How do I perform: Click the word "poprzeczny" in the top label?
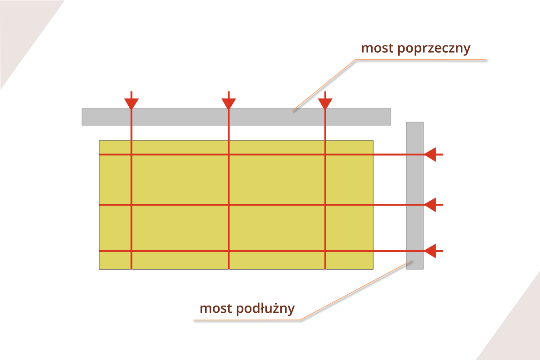coord(434,49)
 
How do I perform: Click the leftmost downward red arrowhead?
coord(131,103)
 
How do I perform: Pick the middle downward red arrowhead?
coord(229,103)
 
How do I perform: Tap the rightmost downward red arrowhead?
coord(325,103)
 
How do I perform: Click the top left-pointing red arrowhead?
coord(430,155)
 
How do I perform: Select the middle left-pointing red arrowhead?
coord(430,205)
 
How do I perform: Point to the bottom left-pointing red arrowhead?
coord(430,251)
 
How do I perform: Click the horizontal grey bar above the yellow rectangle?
coord(180,117)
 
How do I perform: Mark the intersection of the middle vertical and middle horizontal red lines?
coord(229,205)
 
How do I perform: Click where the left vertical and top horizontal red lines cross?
coord(131,155)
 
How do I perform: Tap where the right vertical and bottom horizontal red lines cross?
coord(325,251)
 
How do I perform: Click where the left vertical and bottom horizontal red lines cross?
coord(131,251)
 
